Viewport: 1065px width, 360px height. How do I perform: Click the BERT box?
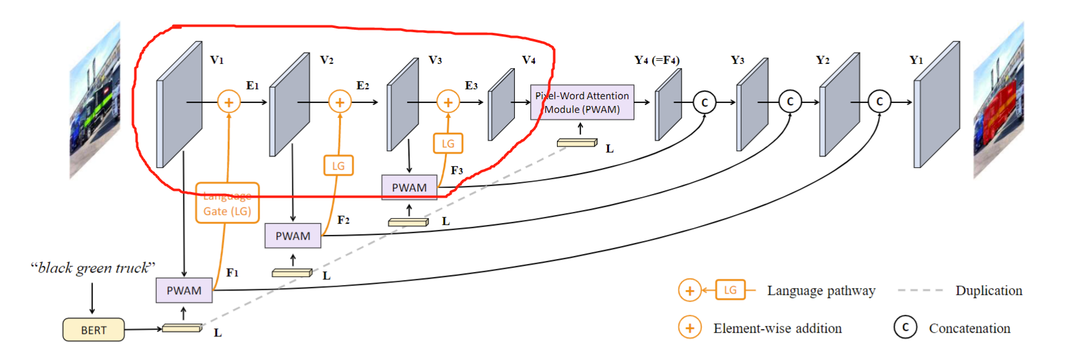pos(94,330)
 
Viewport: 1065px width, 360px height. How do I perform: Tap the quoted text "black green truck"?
pos(93,268)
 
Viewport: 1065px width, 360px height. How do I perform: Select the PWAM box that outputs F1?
pos(184,290)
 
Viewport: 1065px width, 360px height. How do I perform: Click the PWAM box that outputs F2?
pos(292,235)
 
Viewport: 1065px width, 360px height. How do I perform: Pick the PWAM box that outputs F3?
pos(409,187)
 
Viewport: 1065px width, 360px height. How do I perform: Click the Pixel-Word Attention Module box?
pos(582,102)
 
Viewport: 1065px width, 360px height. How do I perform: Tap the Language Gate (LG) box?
pos(227,203)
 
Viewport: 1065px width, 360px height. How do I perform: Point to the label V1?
pos(217,60)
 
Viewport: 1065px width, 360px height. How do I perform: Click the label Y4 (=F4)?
pos(657,60)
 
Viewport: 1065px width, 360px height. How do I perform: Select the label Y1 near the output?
pos(916,60)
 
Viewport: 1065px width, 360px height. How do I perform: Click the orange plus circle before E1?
pos(229,102)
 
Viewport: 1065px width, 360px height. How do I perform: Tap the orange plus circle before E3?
pos(448,102)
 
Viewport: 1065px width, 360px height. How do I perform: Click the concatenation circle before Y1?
pos(879,102)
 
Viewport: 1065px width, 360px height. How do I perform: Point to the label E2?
pos(363,86)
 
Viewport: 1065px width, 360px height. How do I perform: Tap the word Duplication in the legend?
pos(989,291)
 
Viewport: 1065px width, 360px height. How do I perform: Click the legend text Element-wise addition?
pos(778,328)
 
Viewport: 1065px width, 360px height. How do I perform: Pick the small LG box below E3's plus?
pos(448,144)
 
